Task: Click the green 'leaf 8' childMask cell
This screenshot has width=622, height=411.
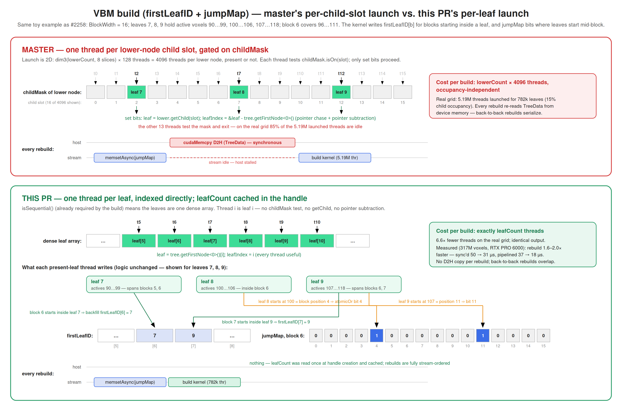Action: click(239, 92)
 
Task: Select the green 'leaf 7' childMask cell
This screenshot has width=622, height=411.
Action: click(136, 92)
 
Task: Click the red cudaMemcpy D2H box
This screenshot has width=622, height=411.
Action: click(232, 143)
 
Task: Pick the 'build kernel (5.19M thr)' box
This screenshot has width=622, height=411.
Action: click(335, 158)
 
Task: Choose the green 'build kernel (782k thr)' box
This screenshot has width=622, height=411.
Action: click(204, 382)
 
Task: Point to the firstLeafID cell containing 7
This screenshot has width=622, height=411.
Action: click(155, 336)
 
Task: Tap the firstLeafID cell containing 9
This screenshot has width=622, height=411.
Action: click(193, 336)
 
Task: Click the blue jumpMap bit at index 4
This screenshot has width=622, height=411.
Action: click(376, 336)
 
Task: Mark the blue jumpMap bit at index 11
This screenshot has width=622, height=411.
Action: click(483, 336)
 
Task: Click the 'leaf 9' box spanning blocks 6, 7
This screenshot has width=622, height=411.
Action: click(354, 284)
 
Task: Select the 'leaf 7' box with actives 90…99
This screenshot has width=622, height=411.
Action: click(134, 284)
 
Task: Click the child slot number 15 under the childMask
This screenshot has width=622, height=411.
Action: click(403, 103)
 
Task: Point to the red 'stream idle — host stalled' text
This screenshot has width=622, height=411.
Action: click(232, 162)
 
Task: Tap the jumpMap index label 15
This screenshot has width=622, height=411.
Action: click(543, 346)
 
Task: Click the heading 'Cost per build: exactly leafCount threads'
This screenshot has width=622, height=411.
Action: click(490, 231)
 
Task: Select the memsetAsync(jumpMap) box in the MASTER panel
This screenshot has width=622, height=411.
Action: click(130, 158)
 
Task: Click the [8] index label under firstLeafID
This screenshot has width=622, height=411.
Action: click(232, 346)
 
